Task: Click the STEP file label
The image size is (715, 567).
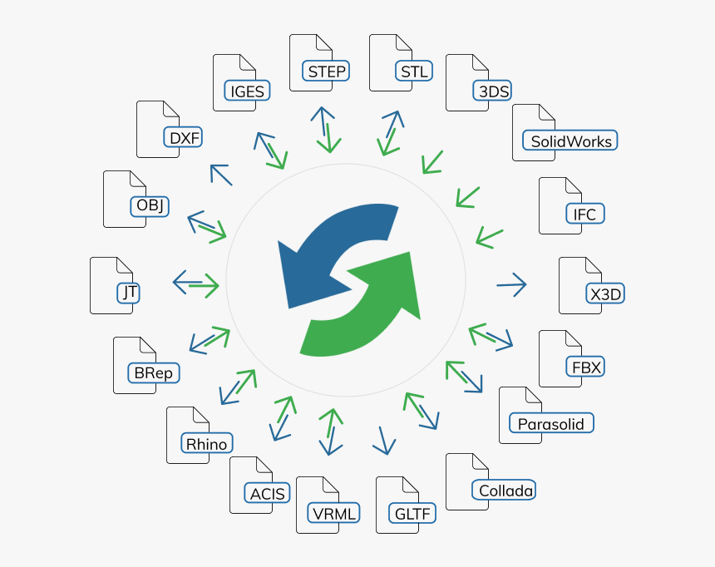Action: (326, 71)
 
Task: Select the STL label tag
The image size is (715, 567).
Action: (414, 71)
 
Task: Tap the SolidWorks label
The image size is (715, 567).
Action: (570, 141)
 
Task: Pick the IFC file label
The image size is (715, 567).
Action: (585, 214)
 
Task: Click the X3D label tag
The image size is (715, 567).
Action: (605, 293)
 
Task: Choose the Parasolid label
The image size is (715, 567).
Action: (551, 423)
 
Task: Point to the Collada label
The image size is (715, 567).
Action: (504, 490)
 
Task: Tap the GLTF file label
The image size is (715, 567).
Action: (412, 513)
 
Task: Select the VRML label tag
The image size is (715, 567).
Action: (333, 513)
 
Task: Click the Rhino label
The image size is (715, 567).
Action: (207, 443)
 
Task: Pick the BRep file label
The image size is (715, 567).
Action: (154, 372)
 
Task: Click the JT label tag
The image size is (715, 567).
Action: (129, 293)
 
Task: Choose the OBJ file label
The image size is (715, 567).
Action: (150, 206)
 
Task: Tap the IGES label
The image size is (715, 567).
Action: (247, 91)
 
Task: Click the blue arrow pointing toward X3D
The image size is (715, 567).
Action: (511, 284)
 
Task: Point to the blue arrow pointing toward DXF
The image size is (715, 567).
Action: (221, 175)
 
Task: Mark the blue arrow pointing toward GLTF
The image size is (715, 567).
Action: (384, 441)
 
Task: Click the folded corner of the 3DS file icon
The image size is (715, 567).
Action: (481, 62)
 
